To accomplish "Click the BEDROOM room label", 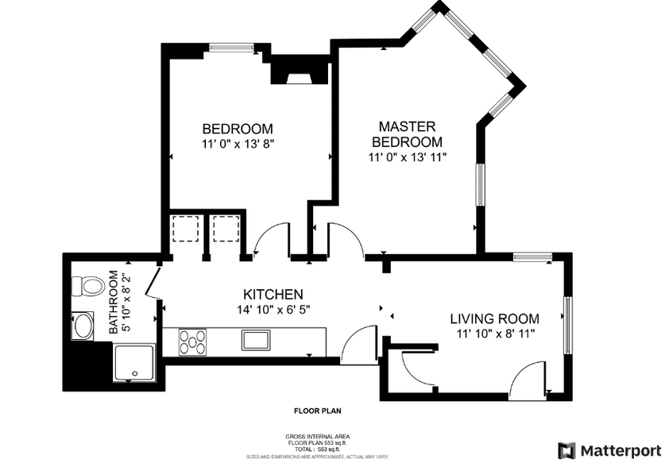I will [238, 129].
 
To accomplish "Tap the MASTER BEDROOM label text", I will [407, 133].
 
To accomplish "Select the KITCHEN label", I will [273, 294].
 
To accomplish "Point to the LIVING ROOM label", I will [494, 318].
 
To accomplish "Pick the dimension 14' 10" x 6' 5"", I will [273, 310].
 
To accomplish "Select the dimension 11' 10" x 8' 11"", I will [494, 334].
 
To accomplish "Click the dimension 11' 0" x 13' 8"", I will [238, 144].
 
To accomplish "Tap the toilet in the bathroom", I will [87, 285].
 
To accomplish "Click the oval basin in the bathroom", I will [83, 326].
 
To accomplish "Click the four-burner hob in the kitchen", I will [192, 342].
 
